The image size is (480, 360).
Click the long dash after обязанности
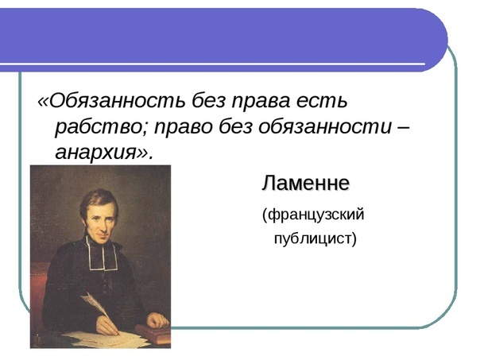pyautogui.click(x=403, y=127)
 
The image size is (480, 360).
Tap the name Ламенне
pyautogui.click(x=306, y=184)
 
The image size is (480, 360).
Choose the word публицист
pyautogui.click(x=310, y=238)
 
